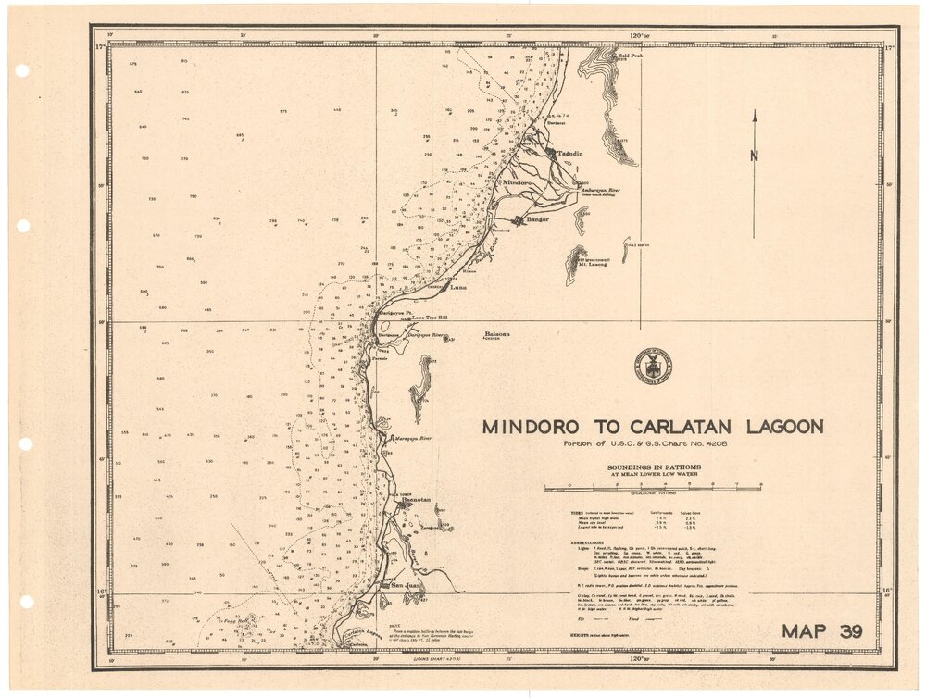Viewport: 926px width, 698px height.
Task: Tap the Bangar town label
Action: (537, 219)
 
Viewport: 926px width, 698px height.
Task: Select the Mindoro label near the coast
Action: (518, 182)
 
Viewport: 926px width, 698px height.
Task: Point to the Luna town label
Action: (457, 288)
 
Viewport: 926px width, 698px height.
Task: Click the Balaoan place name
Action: (497, 334)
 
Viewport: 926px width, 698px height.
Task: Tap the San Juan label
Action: (408, 586)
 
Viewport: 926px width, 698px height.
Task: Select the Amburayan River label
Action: (598, 190)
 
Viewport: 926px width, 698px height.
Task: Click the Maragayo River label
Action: (413, 438)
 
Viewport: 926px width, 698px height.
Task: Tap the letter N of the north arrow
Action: (754, 156)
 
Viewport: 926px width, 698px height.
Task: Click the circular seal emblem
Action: (655, 366)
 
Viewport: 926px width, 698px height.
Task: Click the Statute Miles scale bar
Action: (653, 486)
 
